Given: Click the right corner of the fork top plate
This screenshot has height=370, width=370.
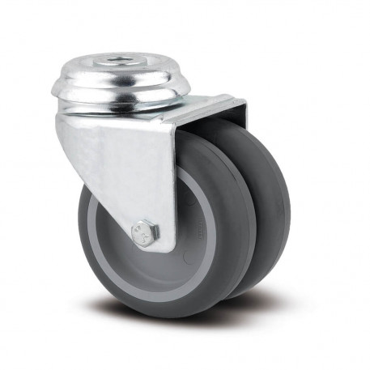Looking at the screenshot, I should click(243, 101).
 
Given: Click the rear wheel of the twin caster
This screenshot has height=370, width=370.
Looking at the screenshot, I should click(271, 202).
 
